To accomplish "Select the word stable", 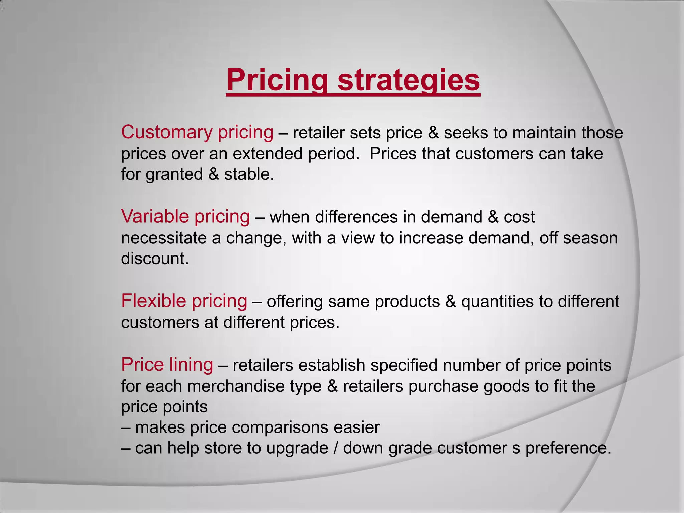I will pyautogui.click(x=248, y=174).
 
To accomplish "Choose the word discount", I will pyautogui.click(x=155, y=259).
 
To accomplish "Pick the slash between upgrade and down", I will pyautogui.click(x=335, y=448).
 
